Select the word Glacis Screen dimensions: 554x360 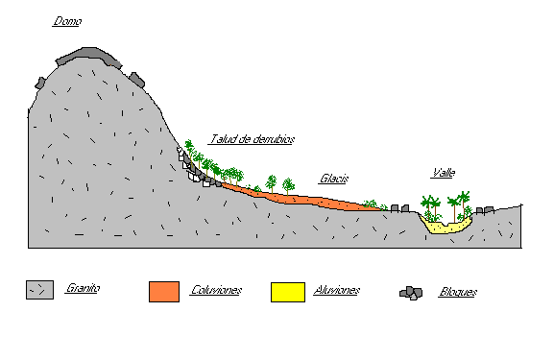coord(333,179)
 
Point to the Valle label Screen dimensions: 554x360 coord(444,174)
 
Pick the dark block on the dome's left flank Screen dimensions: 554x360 coord(40,83)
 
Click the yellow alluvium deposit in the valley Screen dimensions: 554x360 coord(446,228)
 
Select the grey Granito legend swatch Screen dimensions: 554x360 coord(39,289)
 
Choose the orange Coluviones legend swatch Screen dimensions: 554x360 coord(164,291)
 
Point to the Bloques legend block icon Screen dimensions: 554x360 coord(412,292)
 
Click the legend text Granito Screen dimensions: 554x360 coord(84,288)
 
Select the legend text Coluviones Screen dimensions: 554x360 coord(216,289)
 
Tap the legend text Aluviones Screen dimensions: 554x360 coord(337,289)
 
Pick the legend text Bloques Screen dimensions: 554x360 coord(457,292)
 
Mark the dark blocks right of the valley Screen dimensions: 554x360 coord(483,210)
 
